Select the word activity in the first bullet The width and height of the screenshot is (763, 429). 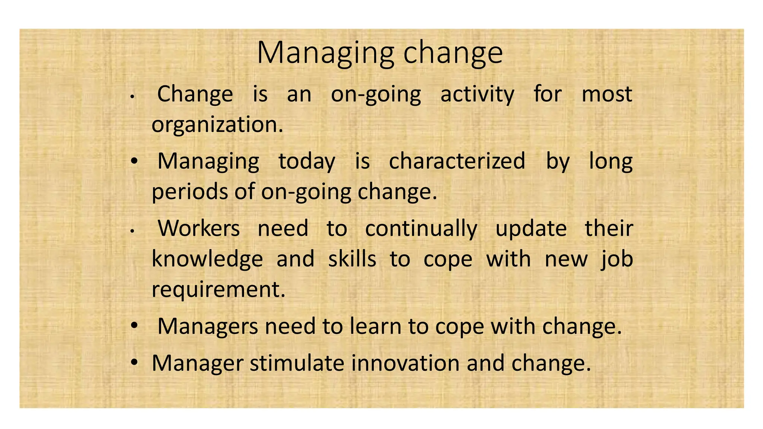[x=477, y=95]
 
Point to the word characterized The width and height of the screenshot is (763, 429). [x=457, y=162]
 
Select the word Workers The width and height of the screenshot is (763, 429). [x=199, y=228]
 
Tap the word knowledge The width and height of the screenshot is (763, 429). [x=208, y=260]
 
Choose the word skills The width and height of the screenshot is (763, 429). [x=352, y=259]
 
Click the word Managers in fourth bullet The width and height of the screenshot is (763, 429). [x=208, y=327]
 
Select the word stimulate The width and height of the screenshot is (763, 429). [x=297, y=363]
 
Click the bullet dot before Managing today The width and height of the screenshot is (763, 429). [x=134, y=161]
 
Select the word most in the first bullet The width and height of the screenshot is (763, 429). [x=607, y=95]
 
